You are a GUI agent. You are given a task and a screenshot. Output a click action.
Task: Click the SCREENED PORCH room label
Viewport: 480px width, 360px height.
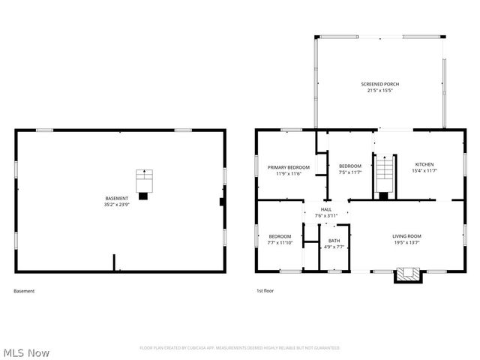[x=379, y=85]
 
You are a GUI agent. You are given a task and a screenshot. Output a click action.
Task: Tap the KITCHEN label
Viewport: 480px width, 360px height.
[x=424, y=164]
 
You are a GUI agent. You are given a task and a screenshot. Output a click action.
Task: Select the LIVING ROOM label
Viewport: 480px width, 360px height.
[x=406, y=236]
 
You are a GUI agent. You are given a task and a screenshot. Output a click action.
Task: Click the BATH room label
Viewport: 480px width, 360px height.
[x=334, y=241]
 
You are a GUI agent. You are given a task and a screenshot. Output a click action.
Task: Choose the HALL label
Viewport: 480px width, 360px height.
[x=326, y=209]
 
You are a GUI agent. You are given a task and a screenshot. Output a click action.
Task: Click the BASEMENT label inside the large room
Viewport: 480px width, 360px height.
[x=117, y=198]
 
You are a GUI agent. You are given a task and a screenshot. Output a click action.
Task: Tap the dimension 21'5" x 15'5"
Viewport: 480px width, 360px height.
[x=379, y=91]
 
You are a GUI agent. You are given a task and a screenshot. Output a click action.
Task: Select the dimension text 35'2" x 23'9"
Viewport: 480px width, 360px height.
[x=117, y=205]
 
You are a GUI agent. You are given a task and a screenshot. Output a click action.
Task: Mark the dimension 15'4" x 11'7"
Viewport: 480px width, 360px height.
[x=424, y=171]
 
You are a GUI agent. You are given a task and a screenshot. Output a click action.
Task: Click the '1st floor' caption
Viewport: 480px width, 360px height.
[x=264, y=291]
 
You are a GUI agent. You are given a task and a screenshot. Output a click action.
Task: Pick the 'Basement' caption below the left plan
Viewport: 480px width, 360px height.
[x=24, y=291]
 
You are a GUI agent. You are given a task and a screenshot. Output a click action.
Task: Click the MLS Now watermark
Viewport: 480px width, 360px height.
[x=26, y=352]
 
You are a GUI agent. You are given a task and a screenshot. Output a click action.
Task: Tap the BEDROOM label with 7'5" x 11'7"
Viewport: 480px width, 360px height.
[x=350, y=166]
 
